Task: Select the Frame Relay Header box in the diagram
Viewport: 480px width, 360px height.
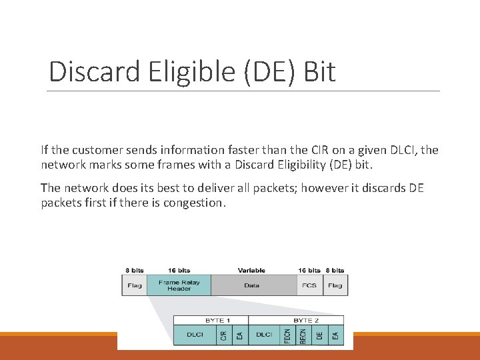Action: click(179, 285)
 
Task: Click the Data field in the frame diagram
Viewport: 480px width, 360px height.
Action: click(252, 285)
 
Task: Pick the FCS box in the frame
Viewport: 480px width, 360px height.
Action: click(309, 285)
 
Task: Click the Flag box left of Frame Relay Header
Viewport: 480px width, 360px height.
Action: click(135, 285)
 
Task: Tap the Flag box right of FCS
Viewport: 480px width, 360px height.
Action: click(335, 285)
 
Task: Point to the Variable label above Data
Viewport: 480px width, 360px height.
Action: click(251, 270)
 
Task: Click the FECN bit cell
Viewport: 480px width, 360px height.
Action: click(287, 335)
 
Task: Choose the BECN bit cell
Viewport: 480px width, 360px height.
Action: click(303, 335)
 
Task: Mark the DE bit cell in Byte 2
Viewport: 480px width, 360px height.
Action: click(320, 335)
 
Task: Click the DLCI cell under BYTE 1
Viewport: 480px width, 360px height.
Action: click(195, 335)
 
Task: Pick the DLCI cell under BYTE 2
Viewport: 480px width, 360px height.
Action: click(264, 335)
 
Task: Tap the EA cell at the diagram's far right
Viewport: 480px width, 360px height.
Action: click(335, 335)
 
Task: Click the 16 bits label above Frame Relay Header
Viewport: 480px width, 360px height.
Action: click(179, 270)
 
